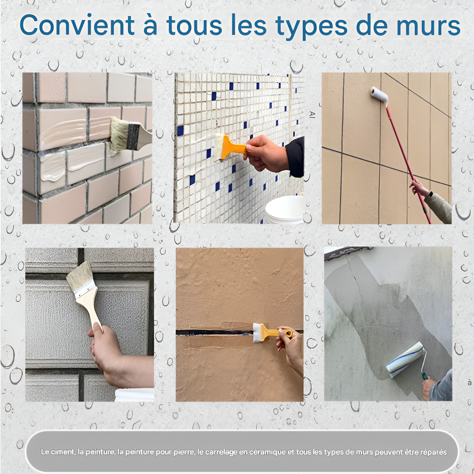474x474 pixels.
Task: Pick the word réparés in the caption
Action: pos(434,452)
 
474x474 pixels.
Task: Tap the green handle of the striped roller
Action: pos(425,376)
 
